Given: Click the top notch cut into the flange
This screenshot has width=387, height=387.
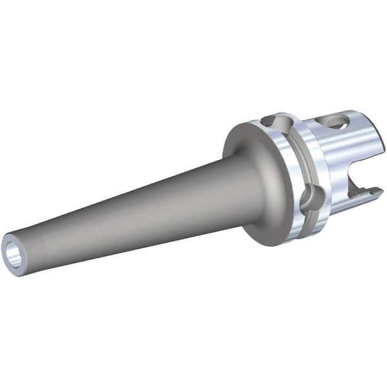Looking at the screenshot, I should (273, 121).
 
